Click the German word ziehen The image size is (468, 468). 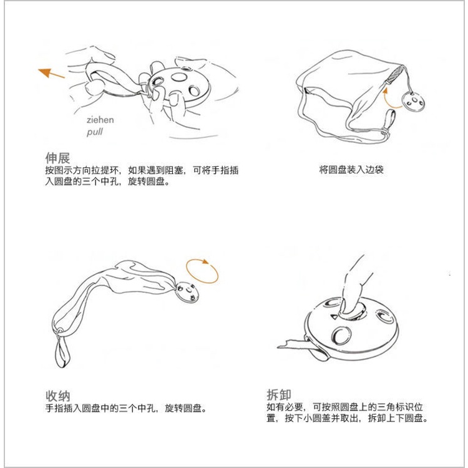click(100, 120)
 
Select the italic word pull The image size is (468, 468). click(94, 132)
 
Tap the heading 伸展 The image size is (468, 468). click(57, 157)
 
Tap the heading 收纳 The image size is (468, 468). click(57, 396)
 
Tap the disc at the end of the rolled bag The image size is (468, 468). click(188, 293)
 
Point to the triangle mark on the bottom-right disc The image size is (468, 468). click(334, 316)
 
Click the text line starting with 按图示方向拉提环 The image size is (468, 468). click(142, 170)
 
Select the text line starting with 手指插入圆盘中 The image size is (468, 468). click(126, 409)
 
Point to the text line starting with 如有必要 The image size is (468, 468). click(347, 407)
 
